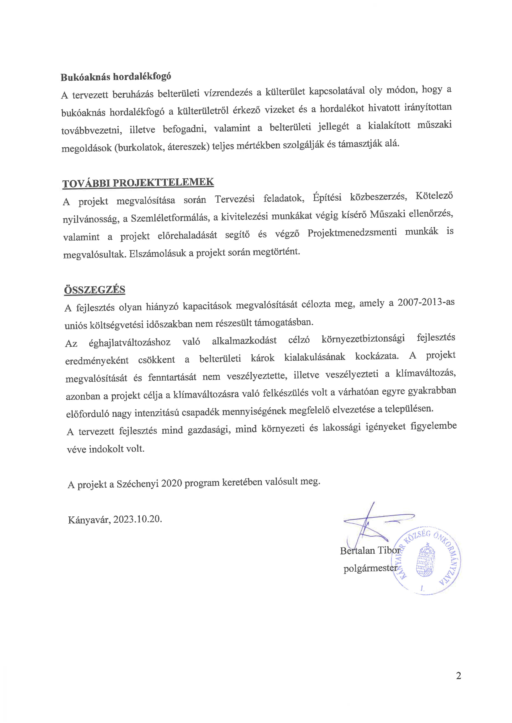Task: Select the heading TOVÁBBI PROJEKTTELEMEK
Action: (138, 183)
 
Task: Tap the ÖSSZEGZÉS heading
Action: (95, 290)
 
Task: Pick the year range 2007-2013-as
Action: (426, 302)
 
